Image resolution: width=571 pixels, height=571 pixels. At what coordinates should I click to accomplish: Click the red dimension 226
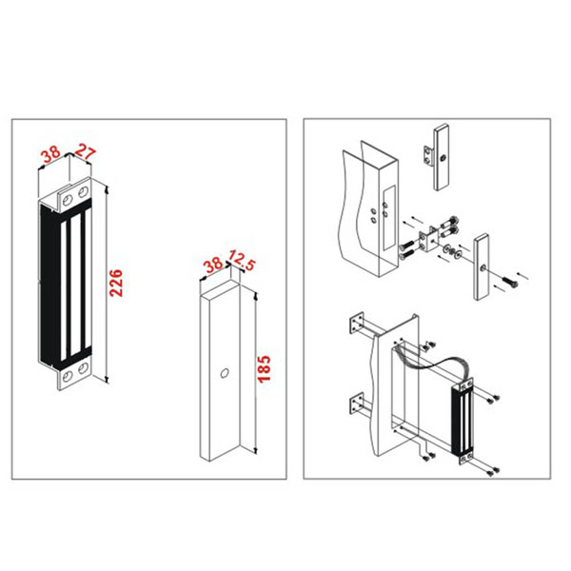tap(116, 284)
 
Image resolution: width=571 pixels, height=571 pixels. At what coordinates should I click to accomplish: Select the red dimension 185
tap(265, 369)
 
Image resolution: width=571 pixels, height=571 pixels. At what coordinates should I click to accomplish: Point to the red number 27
tap(85, 152)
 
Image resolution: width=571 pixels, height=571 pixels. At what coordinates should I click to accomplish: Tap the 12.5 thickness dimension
tap(242, 260)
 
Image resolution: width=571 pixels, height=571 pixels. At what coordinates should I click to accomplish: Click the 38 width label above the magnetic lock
tap(51, 154)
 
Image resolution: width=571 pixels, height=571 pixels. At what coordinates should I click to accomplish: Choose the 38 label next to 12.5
tap(213, 265)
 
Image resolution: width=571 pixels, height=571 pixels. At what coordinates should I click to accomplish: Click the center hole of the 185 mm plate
tap(225, 373)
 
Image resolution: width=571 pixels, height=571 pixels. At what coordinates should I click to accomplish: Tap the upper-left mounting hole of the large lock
tap(68, 200)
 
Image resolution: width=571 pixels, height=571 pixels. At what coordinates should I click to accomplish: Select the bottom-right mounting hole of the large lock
tap(84, 368)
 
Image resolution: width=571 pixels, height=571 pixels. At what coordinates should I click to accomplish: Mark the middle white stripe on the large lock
tap(76, 285)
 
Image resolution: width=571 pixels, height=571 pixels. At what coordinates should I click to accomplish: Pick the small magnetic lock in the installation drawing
tap(463, 421)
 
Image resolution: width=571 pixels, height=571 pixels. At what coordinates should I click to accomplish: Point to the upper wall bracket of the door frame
tap(357, 323)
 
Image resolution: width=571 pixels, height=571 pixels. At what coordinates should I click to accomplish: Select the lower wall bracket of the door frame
tap(357, 404)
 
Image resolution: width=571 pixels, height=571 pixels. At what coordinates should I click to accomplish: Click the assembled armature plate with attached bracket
tap(438, 157)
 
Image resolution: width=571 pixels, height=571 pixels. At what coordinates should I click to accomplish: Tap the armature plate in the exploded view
tap(481, 266)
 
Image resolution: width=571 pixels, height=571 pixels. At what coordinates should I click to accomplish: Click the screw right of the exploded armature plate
tap(510, 282)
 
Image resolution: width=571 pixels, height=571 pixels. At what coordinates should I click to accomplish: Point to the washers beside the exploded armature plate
tap(452, 251)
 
